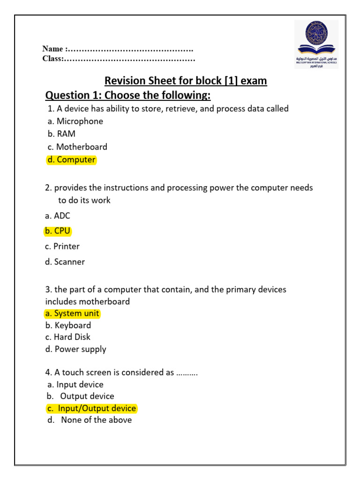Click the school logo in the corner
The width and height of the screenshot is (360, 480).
[316, 44]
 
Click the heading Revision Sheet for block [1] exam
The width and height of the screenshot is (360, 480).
[185, 81]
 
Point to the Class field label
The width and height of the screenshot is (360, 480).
[52, 59]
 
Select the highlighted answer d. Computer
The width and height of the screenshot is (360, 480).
[71, 160]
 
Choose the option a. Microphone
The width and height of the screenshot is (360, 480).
[75, 121]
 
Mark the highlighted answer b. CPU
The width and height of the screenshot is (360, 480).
[57, 231]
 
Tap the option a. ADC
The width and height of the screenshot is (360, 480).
[58, 216]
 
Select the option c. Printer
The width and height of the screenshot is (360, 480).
[62, 247]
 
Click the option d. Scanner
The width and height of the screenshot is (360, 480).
[65, 262]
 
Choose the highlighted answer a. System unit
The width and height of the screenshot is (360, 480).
[72, 314]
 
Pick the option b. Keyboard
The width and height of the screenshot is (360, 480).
[68, 325]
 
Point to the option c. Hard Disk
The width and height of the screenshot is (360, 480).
[68, 337]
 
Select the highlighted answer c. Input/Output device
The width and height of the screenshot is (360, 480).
[91, 409]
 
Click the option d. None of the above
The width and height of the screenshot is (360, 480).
[90, 420]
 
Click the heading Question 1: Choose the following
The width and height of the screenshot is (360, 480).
[127, 96]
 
